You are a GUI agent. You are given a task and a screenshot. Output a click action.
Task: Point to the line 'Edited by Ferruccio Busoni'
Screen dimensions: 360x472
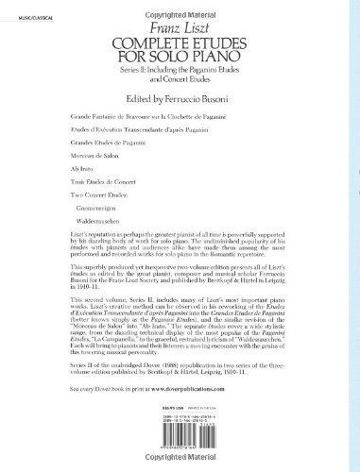tap(179, 99)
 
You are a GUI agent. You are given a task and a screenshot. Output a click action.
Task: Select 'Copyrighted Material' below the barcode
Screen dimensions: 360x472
tap(180, 465)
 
